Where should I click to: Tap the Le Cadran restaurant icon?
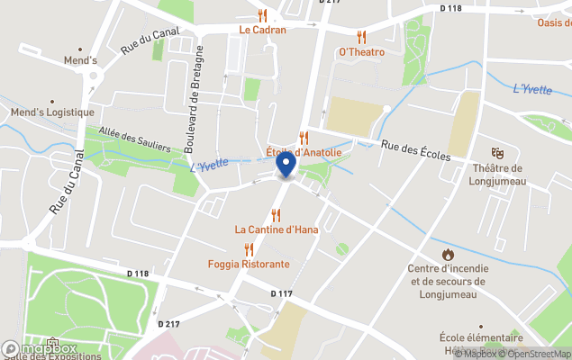(262, 15)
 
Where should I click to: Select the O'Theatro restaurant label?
(361, 52)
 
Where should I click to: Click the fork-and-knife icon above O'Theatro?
(361, 37)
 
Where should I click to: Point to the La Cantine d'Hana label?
(277, 229)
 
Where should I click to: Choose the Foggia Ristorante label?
(249, 265)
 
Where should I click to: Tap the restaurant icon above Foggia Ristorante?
(249, 249)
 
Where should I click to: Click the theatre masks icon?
(496, 154)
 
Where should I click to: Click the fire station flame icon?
(448, 254)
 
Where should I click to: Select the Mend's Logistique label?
(51, 112)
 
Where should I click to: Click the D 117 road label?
(281, 293)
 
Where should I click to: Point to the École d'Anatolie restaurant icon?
(304, 138)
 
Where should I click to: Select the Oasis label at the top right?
(553, 22)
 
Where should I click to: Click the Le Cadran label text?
(262, 30)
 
